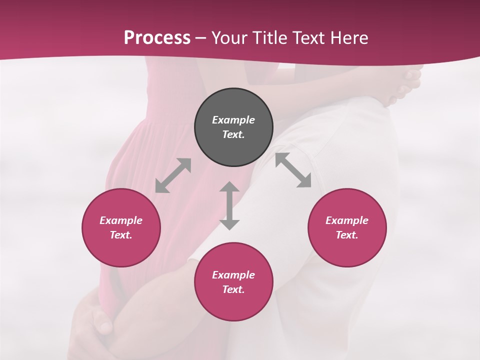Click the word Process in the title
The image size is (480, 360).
[x=157, y=37]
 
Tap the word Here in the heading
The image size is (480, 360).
[x=349, y=37]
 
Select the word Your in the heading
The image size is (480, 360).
[x=230, y=37]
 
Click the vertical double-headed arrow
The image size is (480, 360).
[x=229, y=205]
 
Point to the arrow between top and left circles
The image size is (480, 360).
[x=173, y=175]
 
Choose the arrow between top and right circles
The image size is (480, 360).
[x=293, y=170]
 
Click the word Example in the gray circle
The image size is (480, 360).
[x=233, y=120]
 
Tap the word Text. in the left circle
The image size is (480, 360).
[x=121, y=235]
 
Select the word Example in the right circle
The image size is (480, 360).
[x=347, y=220]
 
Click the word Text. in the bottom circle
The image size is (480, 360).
[x=233, y=289]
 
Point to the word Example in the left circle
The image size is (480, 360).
[x=121, y=220]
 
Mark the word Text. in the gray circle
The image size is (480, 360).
[x=233, y=134]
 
